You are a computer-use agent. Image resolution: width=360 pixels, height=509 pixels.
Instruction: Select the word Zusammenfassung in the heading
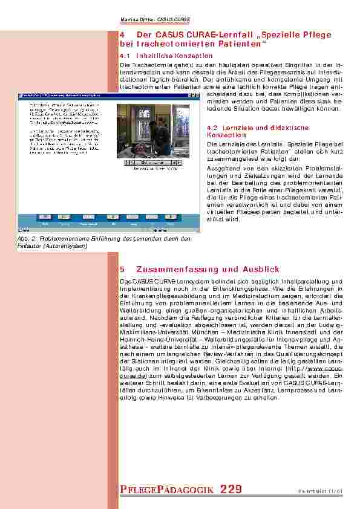pyautogui.click(x=166, y=269)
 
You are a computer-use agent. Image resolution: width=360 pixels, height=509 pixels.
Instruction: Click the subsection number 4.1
pyautogui.click(x=126, y=56)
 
